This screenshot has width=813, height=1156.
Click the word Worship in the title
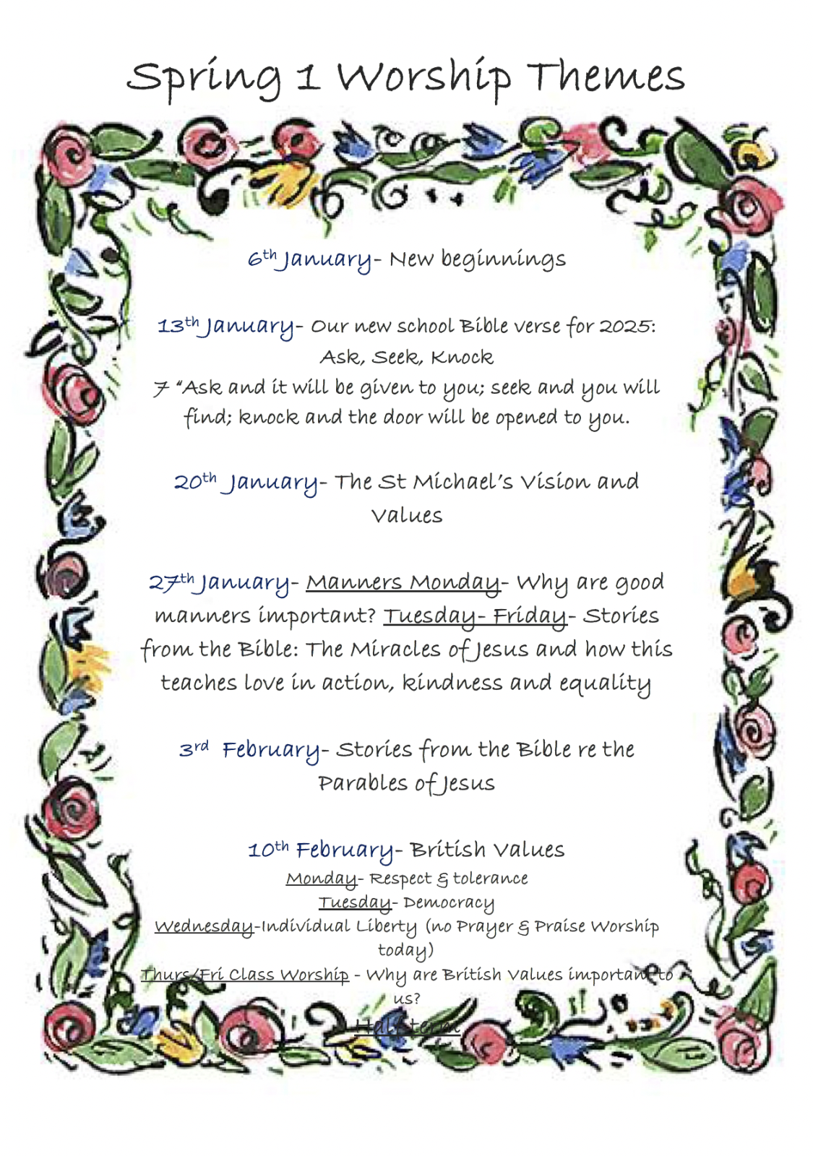424,77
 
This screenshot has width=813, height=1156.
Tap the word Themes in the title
606,76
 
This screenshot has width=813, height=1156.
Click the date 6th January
309,259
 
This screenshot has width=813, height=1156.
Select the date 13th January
226,327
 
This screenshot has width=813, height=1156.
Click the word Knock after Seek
462,357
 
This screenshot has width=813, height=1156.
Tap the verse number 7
160,389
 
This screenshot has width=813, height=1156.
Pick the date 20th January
246,482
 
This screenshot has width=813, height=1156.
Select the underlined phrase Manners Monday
403,582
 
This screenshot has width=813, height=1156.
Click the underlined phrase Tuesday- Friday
475,616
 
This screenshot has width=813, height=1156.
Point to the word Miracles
395,649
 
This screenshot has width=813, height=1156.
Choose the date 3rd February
249,750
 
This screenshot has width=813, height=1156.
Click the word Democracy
449,903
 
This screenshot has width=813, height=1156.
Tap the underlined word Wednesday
204,927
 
